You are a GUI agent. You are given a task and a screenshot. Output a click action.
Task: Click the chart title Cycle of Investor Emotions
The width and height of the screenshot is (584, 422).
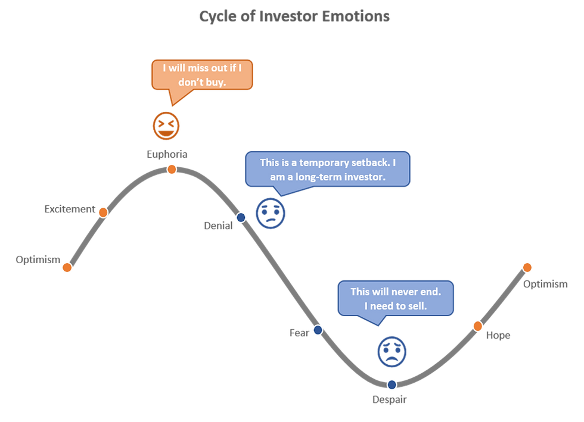pyautogui.click(x=294, y=16)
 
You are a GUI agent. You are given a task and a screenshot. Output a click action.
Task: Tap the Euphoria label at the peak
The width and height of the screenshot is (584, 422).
pyautogui.click(x=167, y=154)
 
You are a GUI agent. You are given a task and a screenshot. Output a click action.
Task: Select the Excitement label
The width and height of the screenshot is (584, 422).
pyautogui.click(x=69, y=209)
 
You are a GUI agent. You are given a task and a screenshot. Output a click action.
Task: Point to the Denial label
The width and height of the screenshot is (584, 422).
pyautogui.click(x=218, y=226)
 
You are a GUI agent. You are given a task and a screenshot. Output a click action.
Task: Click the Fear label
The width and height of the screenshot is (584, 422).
pyautogui.click(x=299, y=333)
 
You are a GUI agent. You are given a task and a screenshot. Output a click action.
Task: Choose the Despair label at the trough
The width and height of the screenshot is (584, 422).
pyautogui.click(x=390, y=400)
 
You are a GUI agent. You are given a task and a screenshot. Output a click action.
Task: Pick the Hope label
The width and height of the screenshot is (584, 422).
pyautogui.click(x=498, y=336)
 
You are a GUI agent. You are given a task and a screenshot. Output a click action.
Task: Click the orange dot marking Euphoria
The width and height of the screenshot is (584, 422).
pyautogui.click(x=172, y=170)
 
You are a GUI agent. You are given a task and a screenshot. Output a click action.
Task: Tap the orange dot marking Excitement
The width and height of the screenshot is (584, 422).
pyautogui.click(x=102, y=212)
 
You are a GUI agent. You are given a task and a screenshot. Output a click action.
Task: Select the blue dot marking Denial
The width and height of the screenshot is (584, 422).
pyautogui.click(x=241, y=218)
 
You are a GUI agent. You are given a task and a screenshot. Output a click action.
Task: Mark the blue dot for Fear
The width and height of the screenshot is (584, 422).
pyautogui.click(x=317, y=329)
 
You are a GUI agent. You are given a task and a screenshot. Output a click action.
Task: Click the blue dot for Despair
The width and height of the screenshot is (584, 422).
pyautogui.click(x=392, y=385)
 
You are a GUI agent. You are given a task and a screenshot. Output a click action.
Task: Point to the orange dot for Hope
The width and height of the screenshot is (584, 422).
pyautogui.click(x=477, y=325)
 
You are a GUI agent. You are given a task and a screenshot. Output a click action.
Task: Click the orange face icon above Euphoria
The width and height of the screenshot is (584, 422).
pyautogui.click(x=166, y=125)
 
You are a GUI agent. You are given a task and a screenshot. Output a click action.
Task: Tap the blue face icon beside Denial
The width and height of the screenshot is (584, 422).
pyautogui.click(x=271, y=212)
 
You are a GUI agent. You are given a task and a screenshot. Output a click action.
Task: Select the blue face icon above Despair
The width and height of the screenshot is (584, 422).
pyautogui.click(x=392, y=350)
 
